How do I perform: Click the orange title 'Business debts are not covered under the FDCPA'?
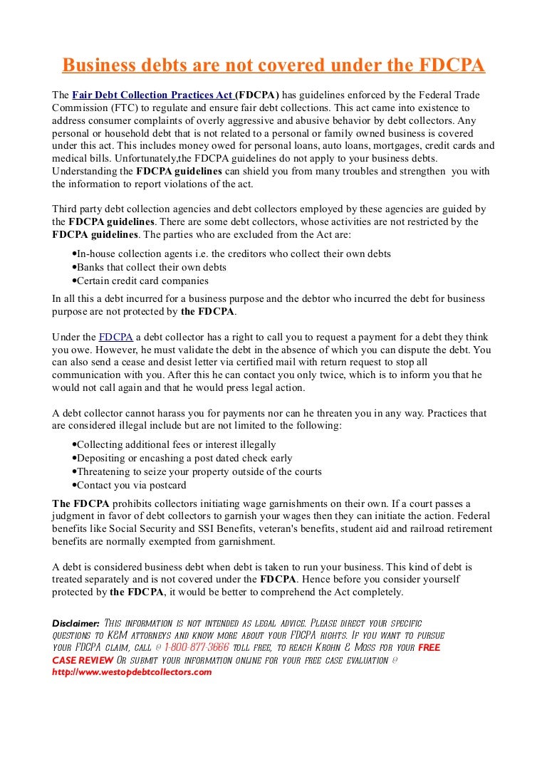pos(273,66)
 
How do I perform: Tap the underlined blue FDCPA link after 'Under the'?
pos(115,337)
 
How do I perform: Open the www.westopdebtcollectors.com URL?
pos(132,671)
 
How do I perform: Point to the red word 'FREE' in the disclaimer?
pos(429,647)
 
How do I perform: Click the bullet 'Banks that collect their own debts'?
pos(151,267)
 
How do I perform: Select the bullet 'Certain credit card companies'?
pos(142,281)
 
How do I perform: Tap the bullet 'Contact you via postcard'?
pos(131,485)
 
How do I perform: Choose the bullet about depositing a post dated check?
pos(184,458)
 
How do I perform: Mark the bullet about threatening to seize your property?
pos(199,471)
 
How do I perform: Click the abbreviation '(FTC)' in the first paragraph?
pos(126,108)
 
